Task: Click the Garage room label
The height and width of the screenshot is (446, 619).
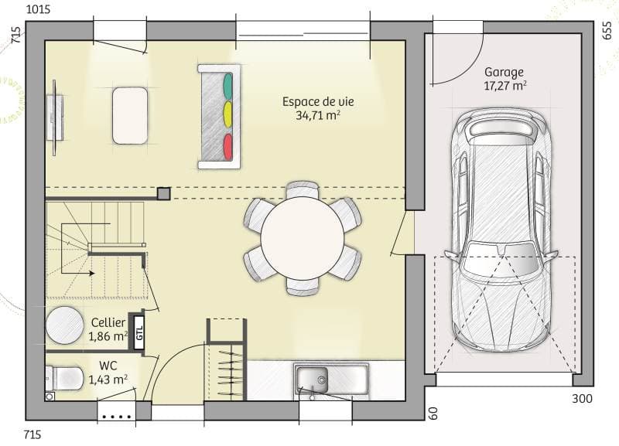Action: coord(504,72)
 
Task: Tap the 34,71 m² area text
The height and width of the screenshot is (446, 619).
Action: coord(318,115)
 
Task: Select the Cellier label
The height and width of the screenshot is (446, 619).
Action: coord(108,322)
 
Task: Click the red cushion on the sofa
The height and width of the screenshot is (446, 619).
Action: coord(227,145)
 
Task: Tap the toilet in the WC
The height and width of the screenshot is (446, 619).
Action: coord(65,378)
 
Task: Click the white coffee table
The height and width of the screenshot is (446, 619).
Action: coord(130,115)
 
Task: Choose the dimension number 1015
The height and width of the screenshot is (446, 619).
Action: coord(39,10)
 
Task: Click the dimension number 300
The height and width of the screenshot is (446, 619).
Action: coord(583,399)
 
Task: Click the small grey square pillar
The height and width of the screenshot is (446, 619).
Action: coord(163,193)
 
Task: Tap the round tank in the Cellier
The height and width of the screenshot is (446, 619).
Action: coord(64,326)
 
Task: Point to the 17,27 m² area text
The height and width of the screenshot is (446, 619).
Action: coord(504,87)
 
